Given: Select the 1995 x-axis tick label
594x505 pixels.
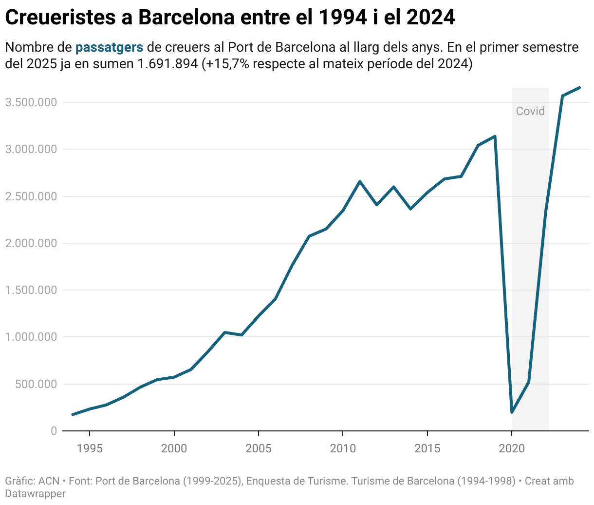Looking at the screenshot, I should [90, 448].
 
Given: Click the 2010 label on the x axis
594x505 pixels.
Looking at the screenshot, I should [343, 448].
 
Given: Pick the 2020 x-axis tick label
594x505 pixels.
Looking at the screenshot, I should [512, 448].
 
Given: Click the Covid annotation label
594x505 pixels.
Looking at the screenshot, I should [530, 111].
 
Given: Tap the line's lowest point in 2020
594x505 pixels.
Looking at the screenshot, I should [512, 412].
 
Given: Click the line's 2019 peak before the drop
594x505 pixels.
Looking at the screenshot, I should [495, 136].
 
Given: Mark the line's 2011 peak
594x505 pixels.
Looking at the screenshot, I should [360, 181].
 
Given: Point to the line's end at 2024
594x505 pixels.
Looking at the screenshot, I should [579, 88].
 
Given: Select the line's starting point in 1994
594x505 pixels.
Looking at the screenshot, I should [73, 415].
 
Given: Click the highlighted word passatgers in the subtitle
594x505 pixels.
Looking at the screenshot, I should [109, 47].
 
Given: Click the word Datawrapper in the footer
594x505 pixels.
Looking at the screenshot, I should [35, 493].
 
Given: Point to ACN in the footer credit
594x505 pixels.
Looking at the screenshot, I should [49, 481].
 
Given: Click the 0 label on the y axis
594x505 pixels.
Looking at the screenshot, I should [54, 431].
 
